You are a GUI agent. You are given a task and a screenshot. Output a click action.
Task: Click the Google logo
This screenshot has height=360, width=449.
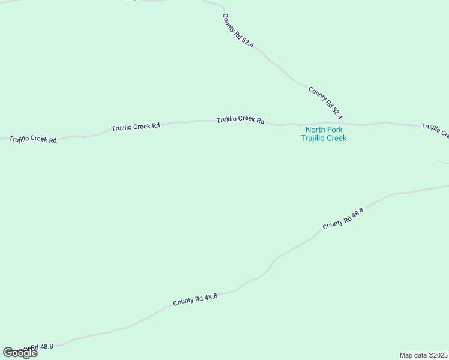point(20,352)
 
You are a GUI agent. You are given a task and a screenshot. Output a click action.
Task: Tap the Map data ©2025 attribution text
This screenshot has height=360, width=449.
point(423,355)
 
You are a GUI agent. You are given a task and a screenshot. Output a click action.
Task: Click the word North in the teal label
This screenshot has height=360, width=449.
point(315,130)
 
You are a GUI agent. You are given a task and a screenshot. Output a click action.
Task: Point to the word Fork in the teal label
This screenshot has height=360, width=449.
point(335,130)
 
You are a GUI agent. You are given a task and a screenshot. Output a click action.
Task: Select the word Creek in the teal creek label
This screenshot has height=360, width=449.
point(336,138)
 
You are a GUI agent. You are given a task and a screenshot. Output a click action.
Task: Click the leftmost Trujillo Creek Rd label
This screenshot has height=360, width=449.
point(33,140)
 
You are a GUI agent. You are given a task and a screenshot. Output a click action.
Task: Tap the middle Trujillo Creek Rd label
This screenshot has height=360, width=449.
point(135,127)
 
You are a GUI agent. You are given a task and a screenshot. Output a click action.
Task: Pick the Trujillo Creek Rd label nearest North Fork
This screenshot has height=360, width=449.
point(240,119)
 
